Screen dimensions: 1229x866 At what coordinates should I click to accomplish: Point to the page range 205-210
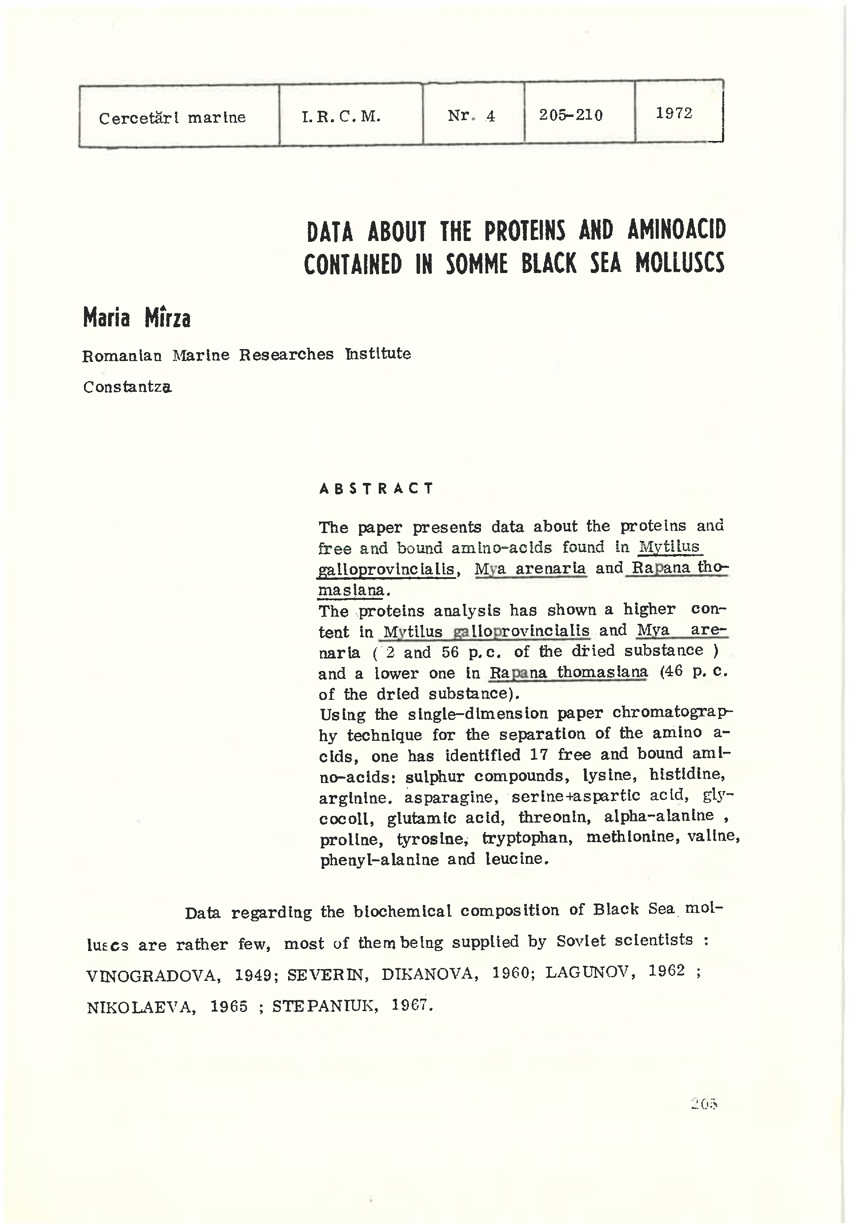(570, 115)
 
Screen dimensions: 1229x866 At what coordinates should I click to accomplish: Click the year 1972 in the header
(674, 113)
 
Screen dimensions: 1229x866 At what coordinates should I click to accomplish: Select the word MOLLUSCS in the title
(680, 263)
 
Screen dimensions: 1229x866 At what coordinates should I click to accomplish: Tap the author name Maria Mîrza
(136, 318)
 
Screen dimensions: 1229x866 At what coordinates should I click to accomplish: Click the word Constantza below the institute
(128, 387)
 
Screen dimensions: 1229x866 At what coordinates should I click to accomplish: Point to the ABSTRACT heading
(376, 488)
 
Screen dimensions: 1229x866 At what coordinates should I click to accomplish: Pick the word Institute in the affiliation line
(378, 353)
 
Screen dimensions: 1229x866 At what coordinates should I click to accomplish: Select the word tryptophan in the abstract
(527, 838)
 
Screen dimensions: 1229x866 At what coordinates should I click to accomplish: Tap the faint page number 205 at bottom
(703, 1103)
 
